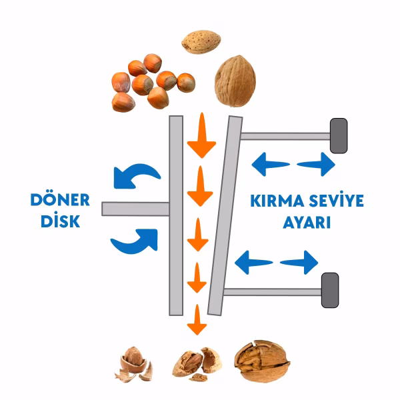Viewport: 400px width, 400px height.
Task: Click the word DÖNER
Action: [x=60, y=200]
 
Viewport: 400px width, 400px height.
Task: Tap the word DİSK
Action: [x=61, y=220]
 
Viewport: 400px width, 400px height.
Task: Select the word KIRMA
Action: [x=277, y=201]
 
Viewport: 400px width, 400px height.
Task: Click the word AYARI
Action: [x=307, y=223]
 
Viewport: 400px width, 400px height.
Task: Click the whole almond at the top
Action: [x=201, y=42]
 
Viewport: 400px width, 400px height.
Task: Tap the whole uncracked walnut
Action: [x=235, y=81]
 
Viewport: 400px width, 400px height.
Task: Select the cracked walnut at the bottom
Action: [x=262, y=361]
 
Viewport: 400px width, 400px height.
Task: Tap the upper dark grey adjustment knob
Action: [x=339, y=136]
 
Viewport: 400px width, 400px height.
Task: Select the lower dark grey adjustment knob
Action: [x=330, y=290]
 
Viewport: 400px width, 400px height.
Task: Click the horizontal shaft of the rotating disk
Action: [x=135, y=209]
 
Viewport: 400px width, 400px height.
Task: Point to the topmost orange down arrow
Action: [x=201, y=135]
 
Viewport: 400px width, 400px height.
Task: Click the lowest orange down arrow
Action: [x=197, y=319]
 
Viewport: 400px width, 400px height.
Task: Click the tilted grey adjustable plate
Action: [x=225, y=216]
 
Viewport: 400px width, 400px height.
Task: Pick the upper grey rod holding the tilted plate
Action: [x=285, y=136]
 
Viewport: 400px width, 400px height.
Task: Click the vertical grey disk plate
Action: [x=176, y=216]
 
